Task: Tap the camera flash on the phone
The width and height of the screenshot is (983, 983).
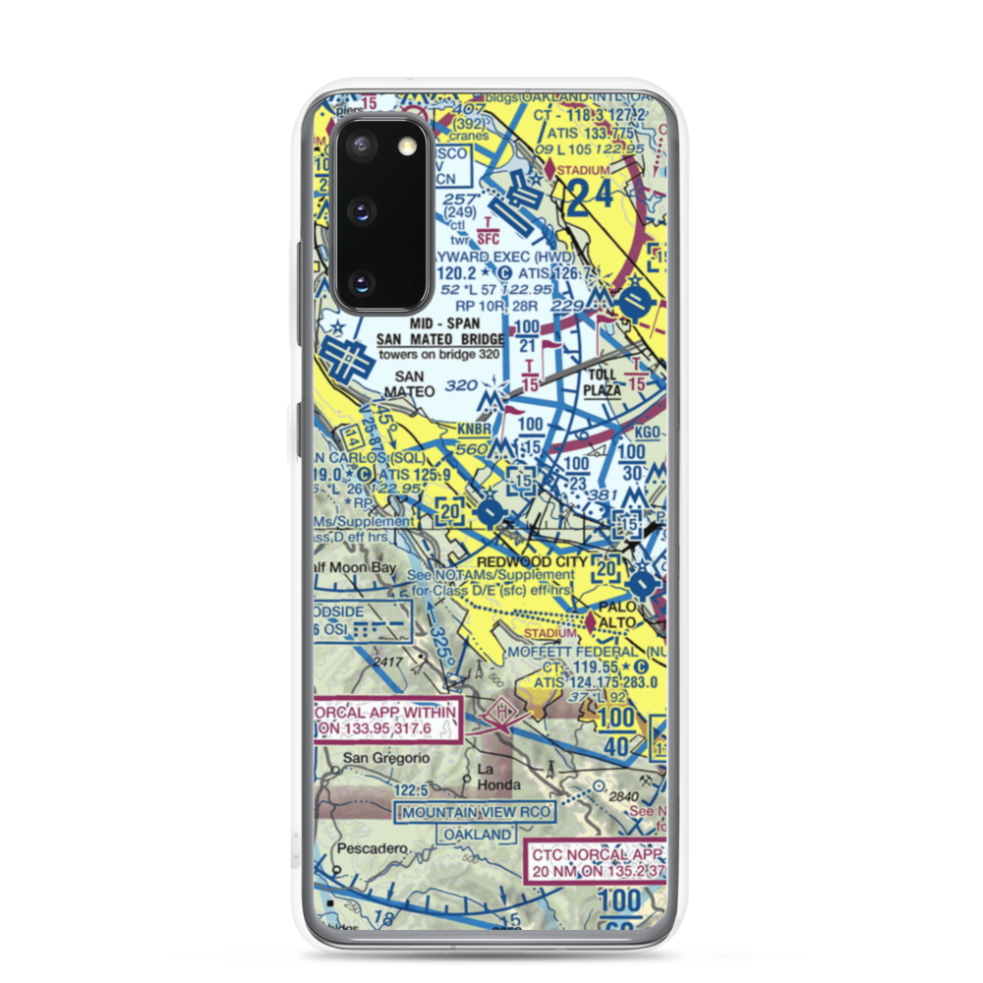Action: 406,146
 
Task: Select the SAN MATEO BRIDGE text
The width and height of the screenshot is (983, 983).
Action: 441,340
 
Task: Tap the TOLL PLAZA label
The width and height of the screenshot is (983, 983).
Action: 603,381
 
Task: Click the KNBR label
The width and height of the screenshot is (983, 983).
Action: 475,429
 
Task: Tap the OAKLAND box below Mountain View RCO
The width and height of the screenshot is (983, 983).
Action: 478,835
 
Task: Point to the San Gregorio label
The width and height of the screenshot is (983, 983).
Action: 373,759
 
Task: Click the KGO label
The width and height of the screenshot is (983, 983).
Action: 646,433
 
